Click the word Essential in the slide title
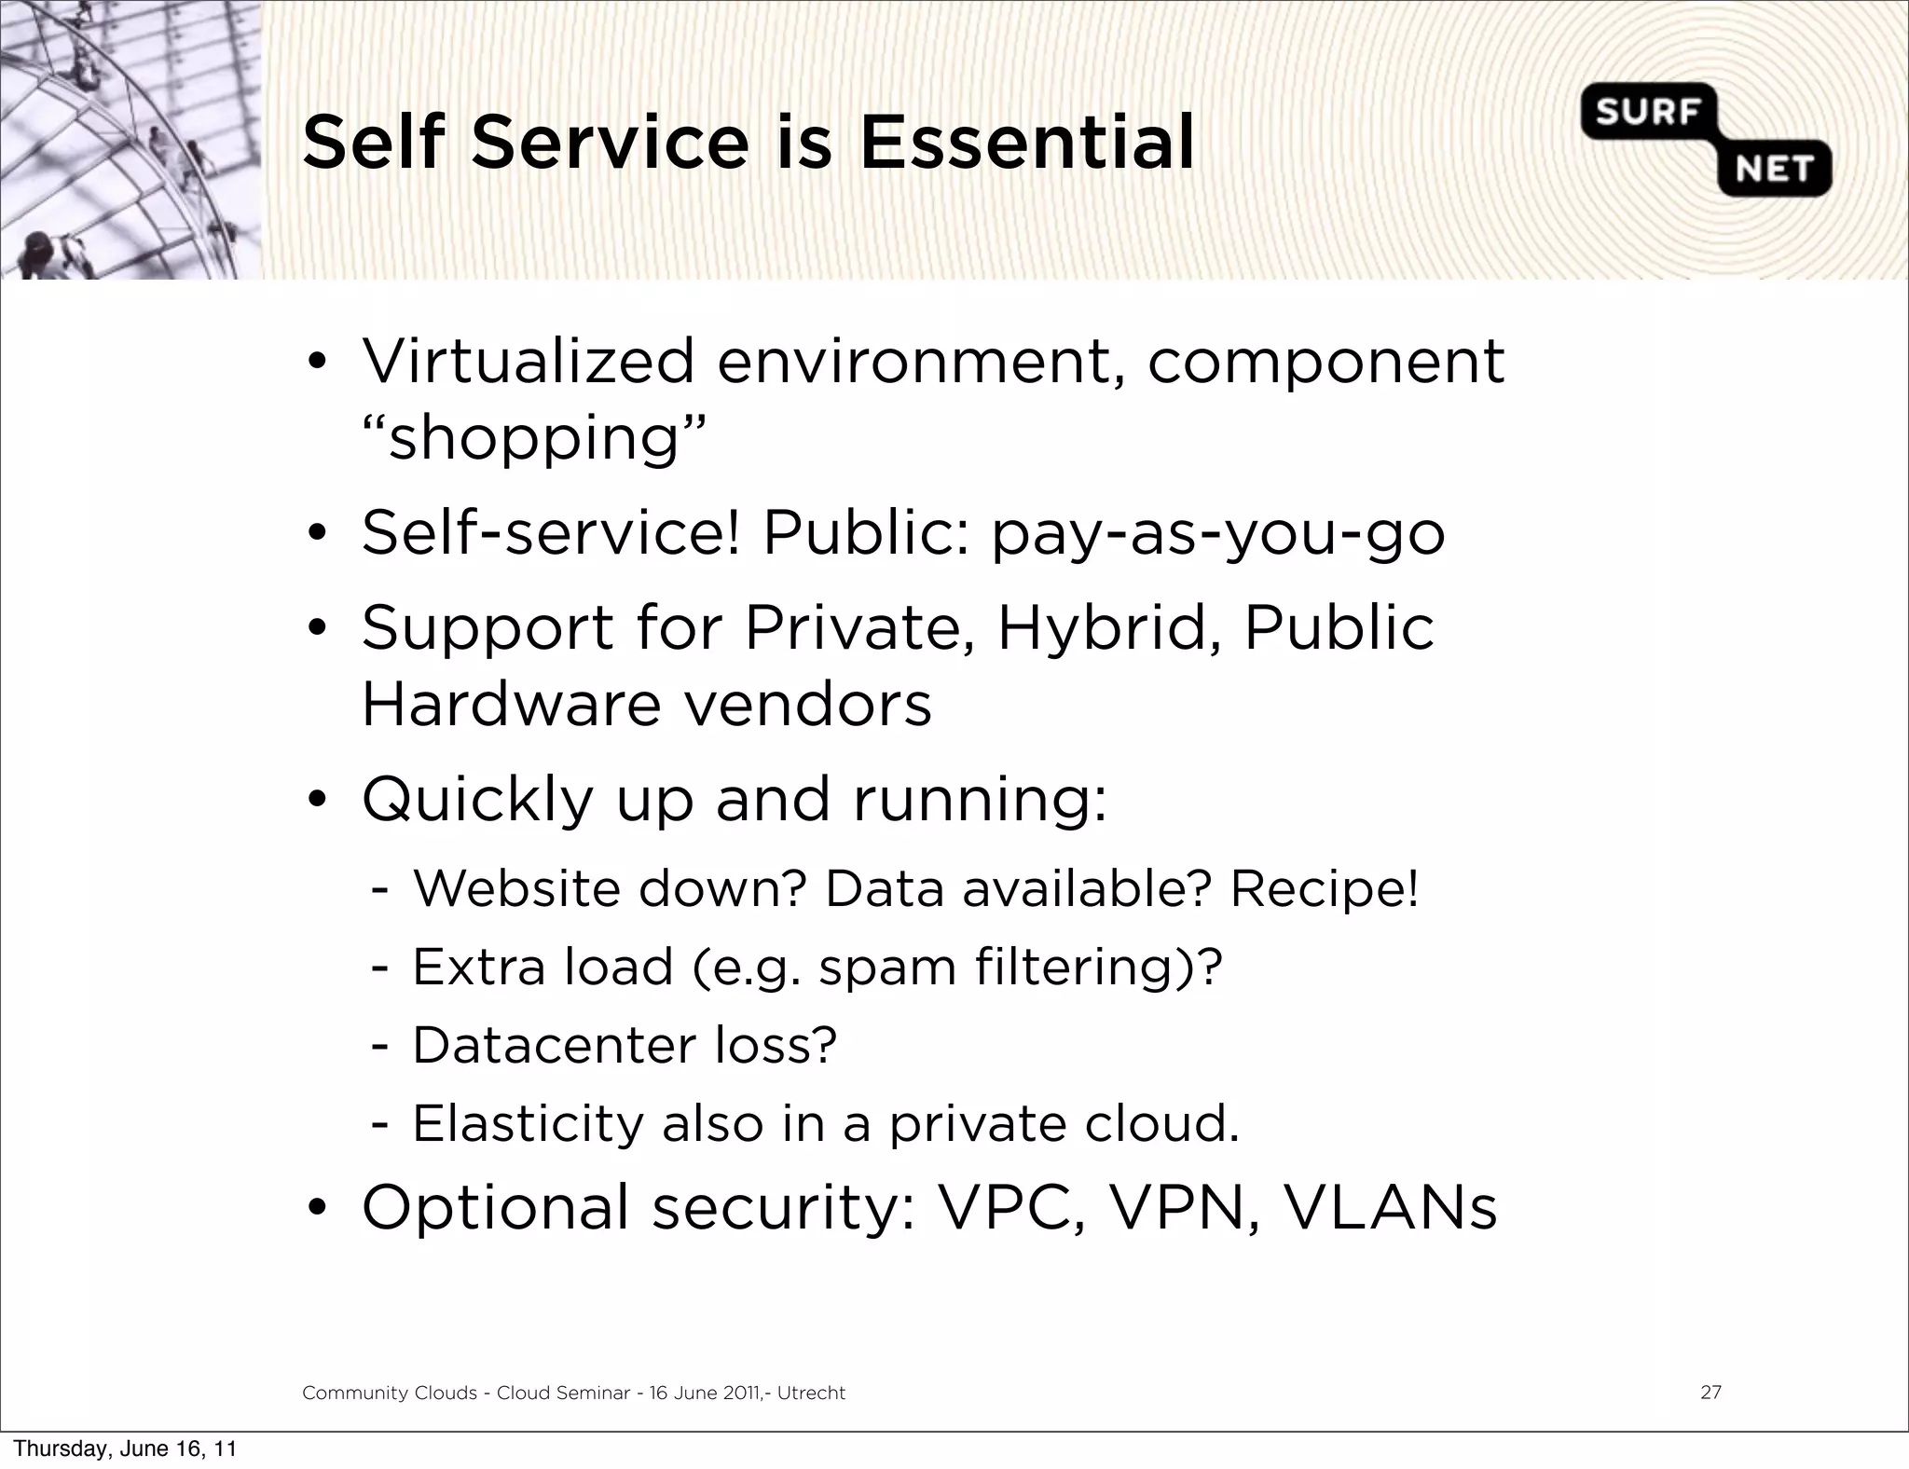tap(1026, 144)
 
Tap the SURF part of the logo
tap(1648, 113)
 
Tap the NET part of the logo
tap(1773, 170)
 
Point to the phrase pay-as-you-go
tap(1217, 534)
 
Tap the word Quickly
tap(477, 800)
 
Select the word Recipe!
tap(1324, 888)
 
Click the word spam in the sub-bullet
tap(886, 968)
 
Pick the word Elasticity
tap(528, 1123)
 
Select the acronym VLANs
tap(1390, 1207)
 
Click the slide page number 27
tap(1710, 1393)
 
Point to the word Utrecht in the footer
tap(811, 1393)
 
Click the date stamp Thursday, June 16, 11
tap(125, 1448)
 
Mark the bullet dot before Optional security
tap(317, 1209)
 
